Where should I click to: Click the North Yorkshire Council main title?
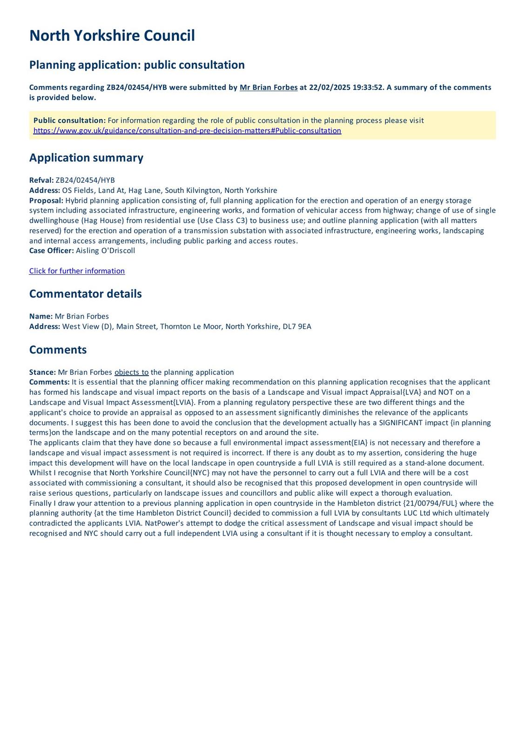coord(112,36)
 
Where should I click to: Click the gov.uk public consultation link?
coord(187,131)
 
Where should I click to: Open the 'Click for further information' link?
coord(77,271)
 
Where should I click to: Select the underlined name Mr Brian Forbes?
coord(269,87)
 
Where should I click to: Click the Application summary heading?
coord(86,158)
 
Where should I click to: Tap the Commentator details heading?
coord(85,294)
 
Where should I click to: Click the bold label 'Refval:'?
coord(41,180)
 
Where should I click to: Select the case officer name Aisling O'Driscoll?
coord(105,251)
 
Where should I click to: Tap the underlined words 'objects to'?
coord(131,372)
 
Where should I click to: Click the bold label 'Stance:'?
coord(42,372)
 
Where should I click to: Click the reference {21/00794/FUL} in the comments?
coord(430,503)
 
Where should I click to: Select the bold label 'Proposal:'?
coord(46,200)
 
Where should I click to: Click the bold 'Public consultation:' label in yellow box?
coord(69,120)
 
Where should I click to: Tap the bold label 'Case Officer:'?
coord(51,251)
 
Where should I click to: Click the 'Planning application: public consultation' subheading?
coord(137,65)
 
